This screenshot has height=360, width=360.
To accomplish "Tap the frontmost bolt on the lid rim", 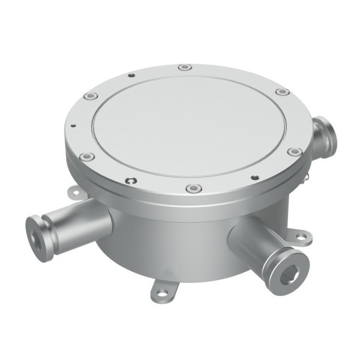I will pos(191,189).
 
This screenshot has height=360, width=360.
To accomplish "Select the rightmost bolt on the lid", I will pos(295,152).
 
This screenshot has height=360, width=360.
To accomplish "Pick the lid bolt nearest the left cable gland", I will pos(87,157).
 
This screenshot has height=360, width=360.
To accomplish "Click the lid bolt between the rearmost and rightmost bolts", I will pos(282,92).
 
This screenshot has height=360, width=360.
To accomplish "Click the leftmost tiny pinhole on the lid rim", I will pos(72,126).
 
